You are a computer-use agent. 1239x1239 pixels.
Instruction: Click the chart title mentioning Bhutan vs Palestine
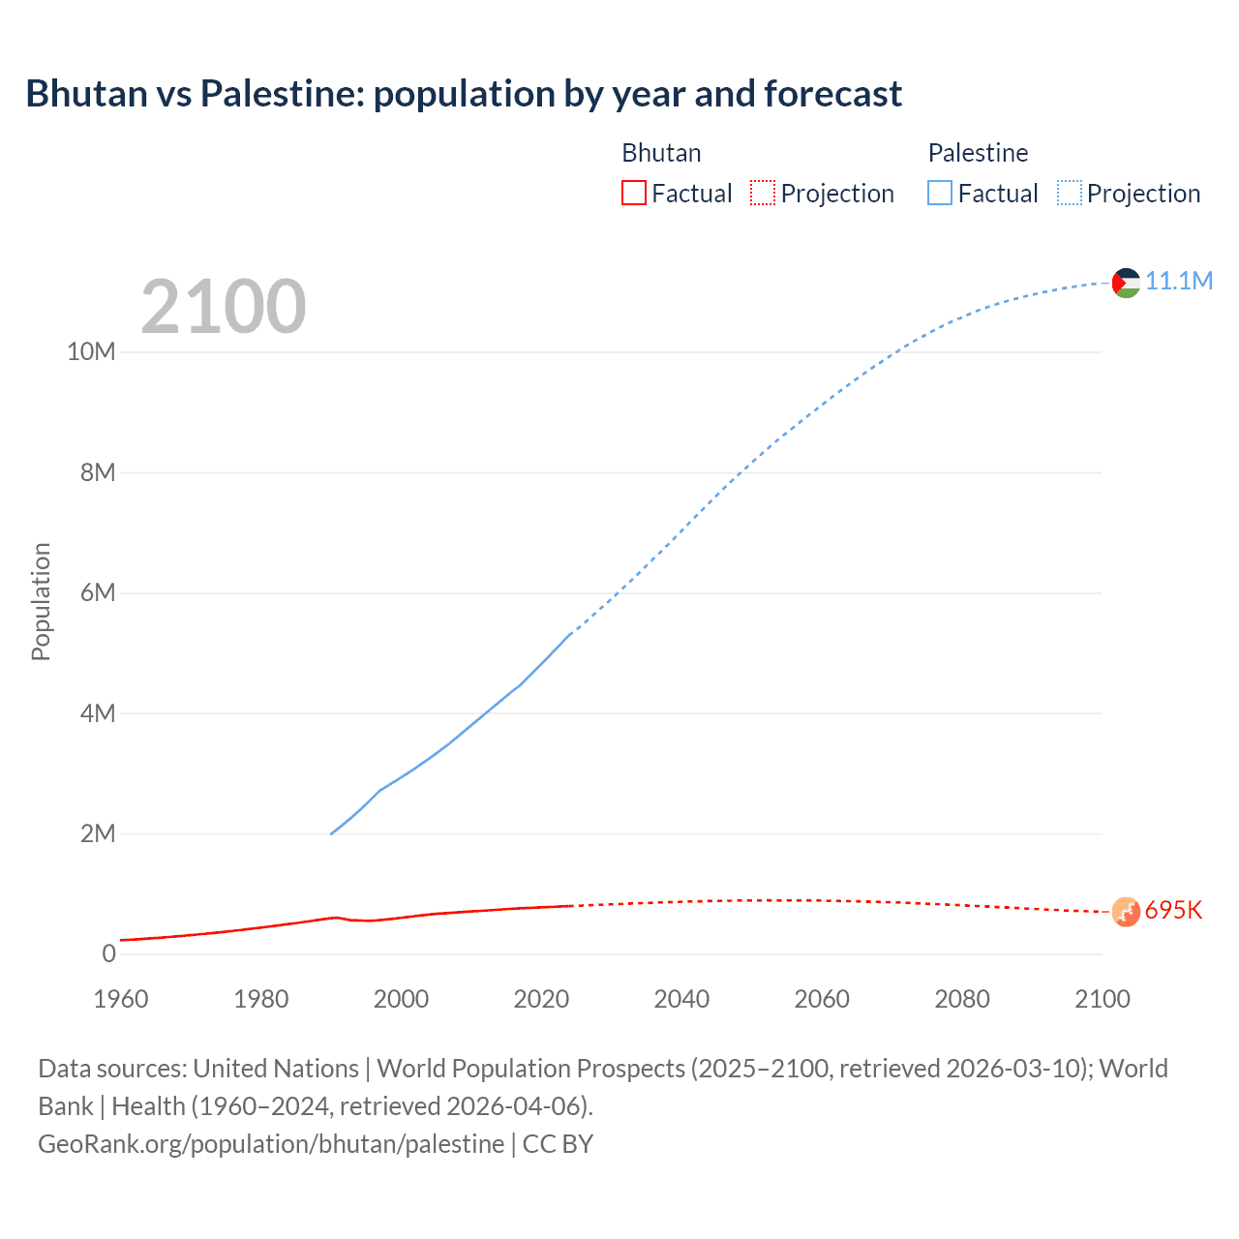464,94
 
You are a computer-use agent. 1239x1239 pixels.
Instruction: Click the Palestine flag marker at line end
1126,283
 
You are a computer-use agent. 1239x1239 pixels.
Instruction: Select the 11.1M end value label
1178,282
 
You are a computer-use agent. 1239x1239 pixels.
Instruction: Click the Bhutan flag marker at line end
1126,912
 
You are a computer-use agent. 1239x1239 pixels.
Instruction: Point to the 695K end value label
1173,911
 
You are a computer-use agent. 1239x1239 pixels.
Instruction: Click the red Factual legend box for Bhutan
634,194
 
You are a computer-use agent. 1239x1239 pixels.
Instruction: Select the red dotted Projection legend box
763,194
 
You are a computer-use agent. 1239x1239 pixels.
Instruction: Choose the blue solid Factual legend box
940,194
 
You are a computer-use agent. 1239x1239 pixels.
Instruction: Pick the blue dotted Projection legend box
1069,194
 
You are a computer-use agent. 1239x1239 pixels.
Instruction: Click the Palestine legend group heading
978,153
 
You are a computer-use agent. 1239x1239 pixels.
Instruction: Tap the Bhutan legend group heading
661,153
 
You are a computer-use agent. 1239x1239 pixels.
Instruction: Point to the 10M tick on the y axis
91,352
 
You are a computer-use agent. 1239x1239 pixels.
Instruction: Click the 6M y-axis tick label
98,593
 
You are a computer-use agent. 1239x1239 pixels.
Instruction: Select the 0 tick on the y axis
108,954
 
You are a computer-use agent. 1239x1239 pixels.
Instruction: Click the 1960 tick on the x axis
121,999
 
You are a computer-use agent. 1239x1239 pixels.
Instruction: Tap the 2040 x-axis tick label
681,999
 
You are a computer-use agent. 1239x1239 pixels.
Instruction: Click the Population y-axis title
41,601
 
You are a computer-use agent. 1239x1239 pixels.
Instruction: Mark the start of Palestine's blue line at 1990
331,833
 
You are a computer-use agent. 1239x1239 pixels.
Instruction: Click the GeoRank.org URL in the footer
271,1144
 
